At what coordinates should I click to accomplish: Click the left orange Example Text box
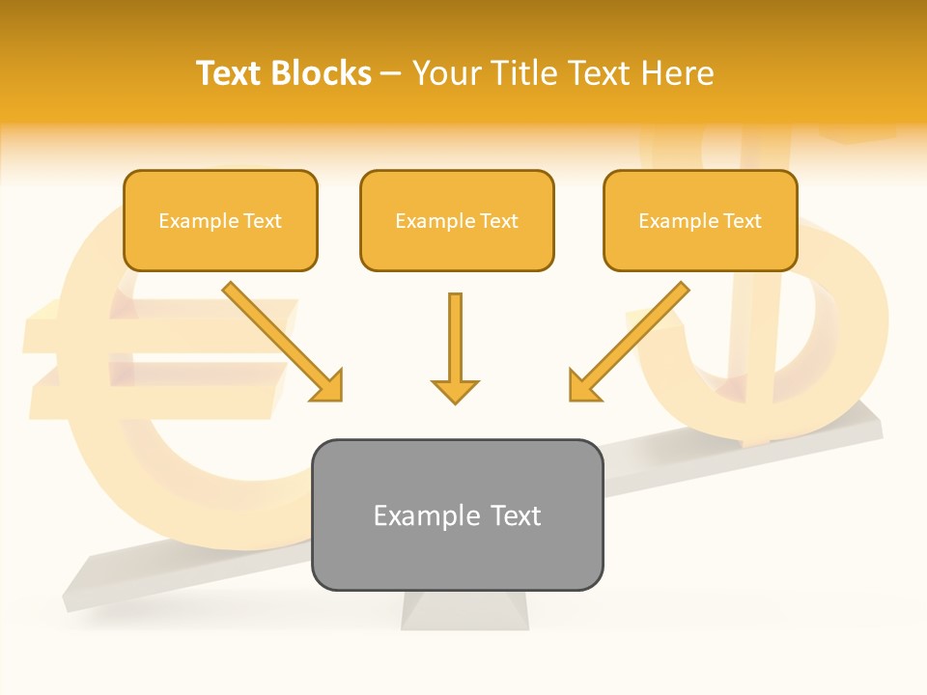(x=220, y=220)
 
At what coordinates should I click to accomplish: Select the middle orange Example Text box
(x=457, y=220)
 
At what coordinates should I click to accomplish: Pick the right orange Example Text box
(x=700, y=220)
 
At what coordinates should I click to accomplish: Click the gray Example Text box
(x=457, y=514)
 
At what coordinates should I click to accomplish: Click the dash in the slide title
(x=391, y=74)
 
